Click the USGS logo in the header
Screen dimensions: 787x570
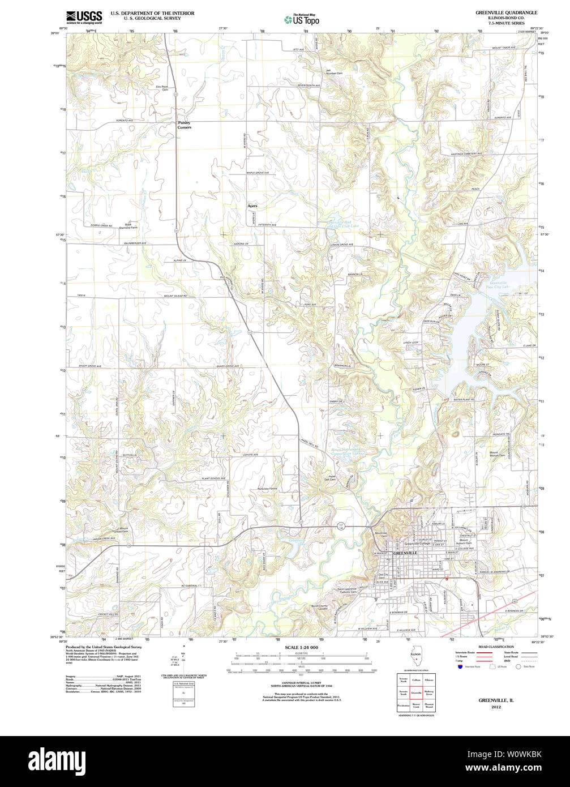(x=84, y=17)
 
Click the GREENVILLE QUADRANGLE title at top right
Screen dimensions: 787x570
(x=507, y=12)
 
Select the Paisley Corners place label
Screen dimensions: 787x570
(x=184, y=125)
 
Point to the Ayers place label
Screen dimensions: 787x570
(x=252, y=206)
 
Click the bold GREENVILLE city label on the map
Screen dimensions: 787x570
(x=405, y=553)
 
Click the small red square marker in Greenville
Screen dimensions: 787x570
(x=447, y=579)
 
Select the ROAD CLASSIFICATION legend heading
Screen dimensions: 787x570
(x=496, y=647)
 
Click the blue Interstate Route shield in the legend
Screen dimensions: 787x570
(x=460, y=666)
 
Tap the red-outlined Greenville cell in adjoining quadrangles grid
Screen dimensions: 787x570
(x=416, y=692)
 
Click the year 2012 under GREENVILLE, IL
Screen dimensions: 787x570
(x=496, y=707)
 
